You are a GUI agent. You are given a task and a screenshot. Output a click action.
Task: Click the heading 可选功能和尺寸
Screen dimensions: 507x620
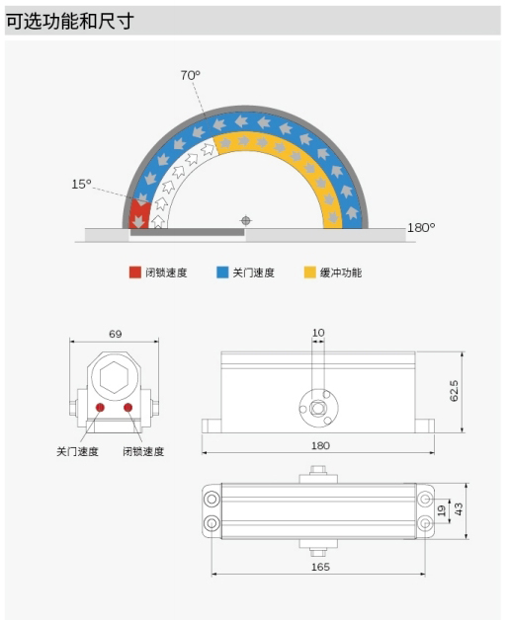pos(69,21)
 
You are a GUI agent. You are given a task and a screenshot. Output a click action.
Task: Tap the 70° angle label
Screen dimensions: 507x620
pos(191,75)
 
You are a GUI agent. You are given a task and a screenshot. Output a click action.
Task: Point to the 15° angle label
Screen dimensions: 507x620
pos(81,184)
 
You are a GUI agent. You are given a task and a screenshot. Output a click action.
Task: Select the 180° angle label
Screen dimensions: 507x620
pos(421,228)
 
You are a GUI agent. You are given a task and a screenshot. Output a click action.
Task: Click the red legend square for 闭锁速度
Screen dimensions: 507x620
pos(135,272)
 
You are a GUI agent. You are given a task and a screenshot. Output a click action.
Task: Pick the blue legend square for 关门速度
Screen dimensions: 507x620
pos(222,272)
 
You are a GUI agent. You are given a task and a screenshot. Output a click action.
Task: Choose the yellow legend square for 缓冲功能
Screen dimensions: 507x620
pos(310,272)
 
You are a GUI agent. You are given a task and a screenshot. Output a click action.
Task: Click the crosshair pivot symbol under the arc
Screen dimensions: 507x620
pos(246,220)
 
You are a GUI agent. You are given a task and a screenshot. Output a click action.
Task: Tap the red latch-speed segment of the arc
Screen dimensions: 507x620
pos(139,214)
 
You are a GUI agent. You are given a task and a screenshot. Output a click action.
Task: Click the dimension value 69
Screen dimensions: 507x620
pos(116,334)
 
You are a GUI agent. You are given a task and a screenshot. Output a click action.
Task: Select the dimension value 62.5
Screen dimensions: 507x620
pos(454,391)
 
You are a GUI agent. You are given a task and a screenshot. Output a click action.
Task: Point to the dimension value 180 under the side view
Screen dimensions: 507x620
pos(320,446)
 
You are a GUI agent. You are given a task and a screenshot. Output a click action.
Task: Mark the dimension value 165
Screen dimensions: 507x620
pos(320,567)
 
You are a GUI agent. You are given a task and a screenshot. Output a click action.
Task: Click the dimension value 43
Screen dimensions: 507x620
pos(459,508)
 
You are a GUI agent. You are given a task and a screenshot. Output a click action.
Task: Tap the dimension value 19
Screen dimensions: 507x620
pos(442,510)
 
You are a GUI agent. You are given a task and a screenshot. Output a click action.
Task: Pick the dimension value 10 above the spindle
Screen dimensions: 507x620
pos(318,333)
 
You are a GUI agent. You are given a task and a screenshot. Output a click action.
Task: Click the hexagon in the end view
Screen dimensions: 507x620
pos(114,377)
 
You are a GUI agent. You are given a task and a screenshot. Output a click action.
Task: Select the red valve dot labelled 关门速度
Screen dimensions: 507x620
pos(100,408)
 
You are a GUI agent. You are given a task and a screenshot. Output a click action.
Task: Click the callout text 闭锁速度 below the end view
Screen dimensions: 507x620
pos(143,451)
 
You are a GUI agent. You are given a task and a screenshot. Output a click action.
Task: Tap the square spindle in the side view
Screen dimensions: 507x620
pos(317,408)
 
